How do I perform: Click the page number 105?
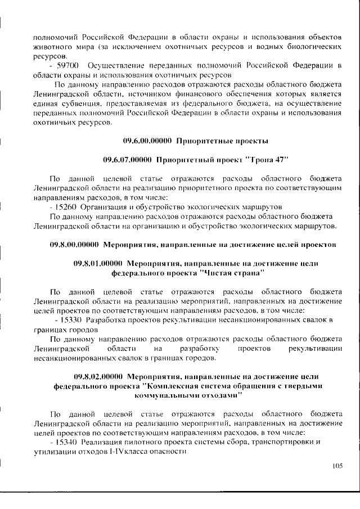[x=337, y=466]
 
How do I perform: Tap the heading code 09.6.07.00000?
[x=128, y=160]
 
